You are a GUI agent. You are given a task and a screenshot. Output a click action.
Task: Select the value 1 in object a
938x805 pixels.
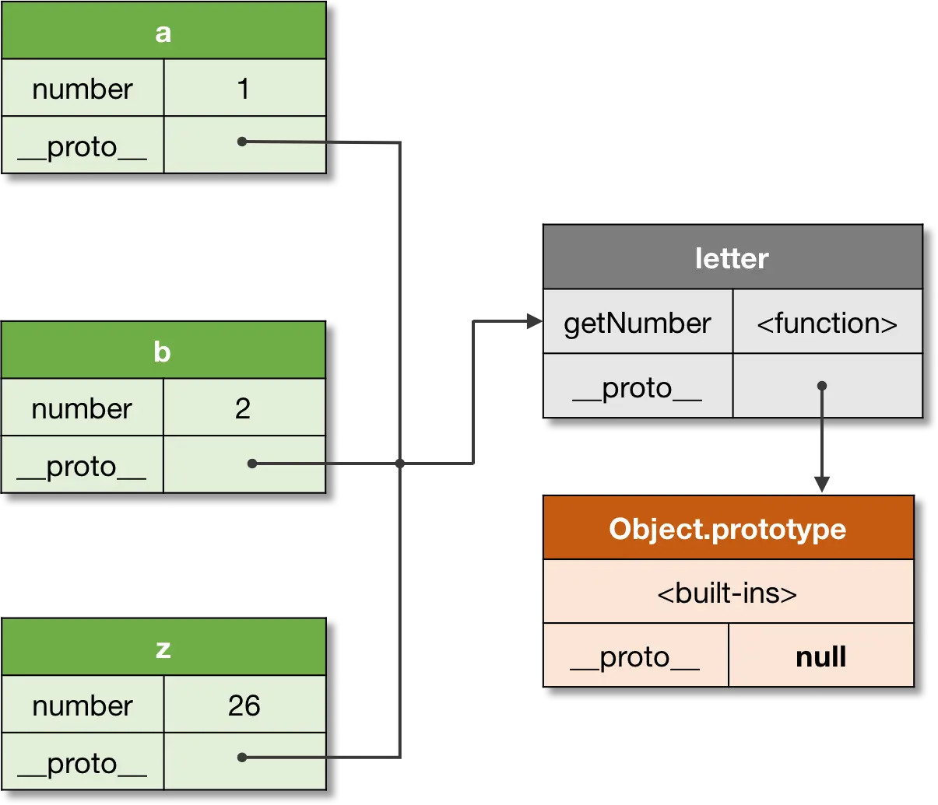[244, 89]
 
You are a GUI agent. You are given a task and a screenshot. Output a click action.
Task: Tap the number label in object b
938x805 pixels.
[82, 408]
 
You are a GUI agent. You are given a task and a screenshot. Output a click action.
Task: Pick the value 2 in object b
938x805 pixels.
[243, 408]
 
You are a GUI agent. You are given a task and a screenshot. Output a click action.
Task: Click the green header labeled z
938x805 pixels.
[163, 647]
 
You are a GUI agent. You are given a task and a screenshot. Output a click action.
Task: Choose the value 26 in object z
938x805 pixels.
[244, 705]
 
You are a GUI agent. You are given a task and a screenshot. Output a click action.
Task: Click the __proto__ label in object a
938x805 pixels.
[82, 146]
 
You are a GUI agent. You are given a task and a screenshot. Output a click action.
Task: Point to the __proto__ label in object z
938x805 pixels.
[82, 763]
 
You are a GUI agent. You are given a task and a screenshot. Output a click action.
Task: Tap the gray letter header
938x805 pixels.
[732, 258]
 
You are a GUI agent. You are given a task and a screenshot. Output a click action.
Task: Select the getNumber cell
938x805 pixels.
[638, 323]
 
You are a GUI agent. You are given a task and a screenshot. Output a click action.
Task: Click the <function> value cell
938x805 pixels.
[827, 323]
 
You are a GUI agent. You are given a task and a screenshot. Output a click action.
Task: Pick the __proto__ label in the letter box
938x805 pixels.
[638, 387]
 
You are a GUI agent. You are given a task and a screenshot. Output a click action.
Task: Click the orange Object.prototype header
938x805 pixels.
[727, 529]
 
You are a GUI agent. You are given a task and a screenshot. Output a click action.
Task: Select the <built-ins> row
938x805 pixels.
[727, 593]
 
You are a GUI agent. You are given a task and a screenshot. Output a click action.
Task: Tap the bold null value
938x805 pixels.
[820, 657]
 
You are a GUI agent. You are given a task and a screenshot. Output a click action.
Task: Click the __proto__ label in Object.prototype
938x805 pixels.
[635, 657]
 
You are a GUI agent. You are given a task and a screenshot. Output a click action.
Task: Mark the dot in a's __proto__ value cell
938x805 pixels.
[242, 142]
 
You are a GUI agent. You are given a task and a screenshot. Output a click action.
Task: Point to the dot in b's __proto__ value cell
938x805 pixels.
[251, 464]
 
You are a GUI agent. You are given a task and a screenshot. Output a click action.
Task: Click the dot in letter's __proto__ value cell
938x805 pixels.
[821, 386]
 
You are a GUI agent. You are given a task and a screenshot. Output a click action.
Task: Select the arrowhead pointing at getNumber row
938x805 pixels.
[532, 320]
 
